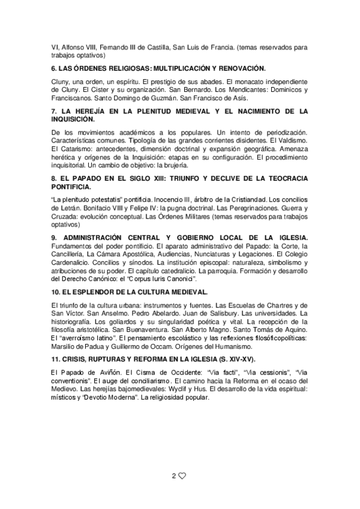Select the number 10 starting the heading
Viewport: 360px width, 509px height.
coord(56,292)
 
